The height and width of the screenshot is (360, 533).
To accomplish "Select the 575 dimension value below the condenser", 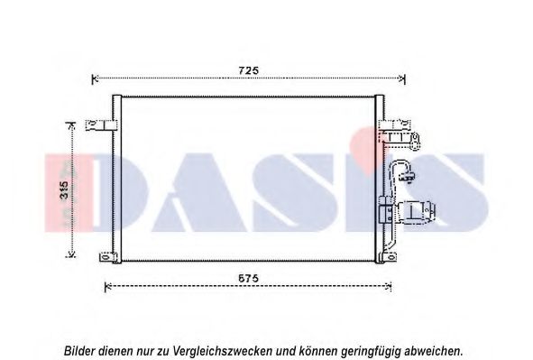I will pos(248,279).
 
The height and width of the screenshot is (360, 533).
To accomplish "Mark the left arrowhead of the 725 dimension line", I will pos(96,79).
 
